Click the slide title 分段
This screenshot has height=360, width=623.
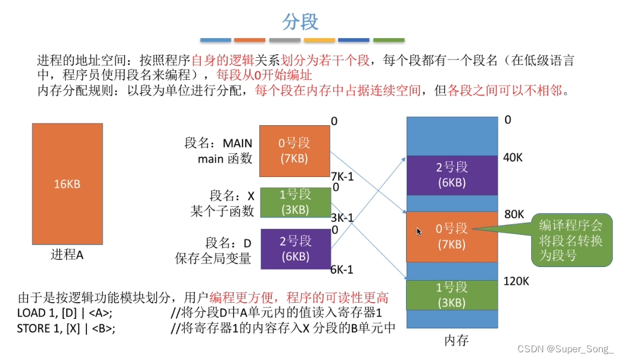[300, 22]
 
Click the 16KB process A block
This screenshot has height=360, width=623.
[67, 184]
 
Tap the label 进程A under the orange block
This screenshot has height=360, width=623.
[67, 255]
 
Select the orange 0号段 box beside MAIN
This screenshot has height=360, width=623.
[295, 151]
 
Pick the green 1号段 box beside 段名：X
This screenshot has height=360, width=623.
[295, 202]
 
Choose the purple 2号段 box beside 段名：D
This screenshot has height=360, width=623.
[295, 249]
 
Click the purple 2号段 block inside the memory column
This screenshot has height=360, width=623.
[451, 175]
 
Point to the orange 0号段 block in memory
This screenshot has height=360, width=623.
[451, 236]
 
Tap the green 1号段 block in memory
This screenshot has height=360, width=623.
[451, 294]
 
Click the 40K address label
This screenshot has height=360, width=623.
[513, 157]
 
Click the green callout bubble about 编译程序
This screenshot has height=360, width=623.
[571, 240]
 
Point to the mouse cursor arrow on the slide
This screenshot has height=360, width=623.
[419, 231]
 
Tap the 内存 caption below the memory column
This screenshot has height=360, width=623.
[457, 340]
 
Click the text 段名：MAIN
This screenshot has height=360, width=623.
[218, 144]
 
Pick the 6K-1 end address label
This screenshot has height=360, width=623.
[342, 269]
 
